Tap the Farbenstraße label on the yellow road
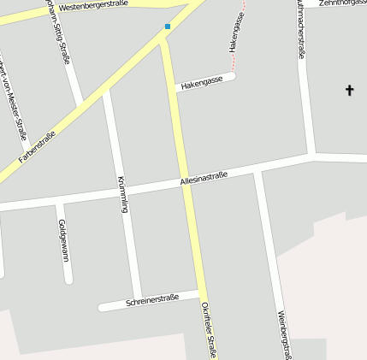click(37, 146)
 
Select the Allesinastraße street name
click(204, 179)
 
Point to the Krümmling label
click(122, 193)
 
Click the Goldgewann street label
click(62, 239)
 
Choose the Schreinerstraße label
click(151, 300)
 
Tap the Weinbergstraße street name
click(284, 334)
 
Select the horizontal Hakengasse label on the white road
click(202, 81)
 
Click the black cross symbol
click(349, 90)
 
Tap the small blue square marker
click(168, 27)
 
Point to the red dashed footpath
click(242, 15)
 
